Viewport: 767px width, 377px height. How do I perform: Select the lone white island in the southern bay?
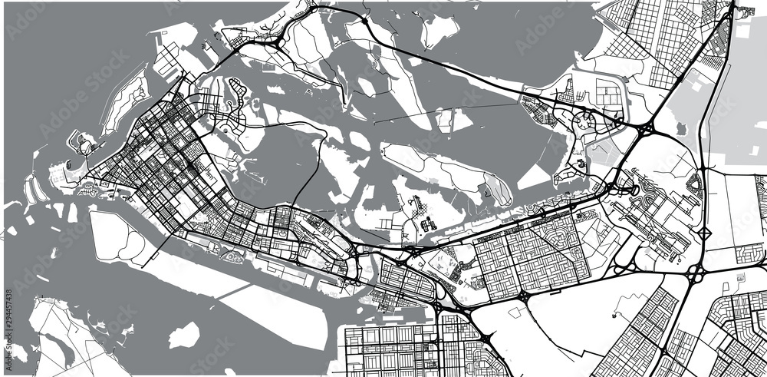click(x=183, y=335)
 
